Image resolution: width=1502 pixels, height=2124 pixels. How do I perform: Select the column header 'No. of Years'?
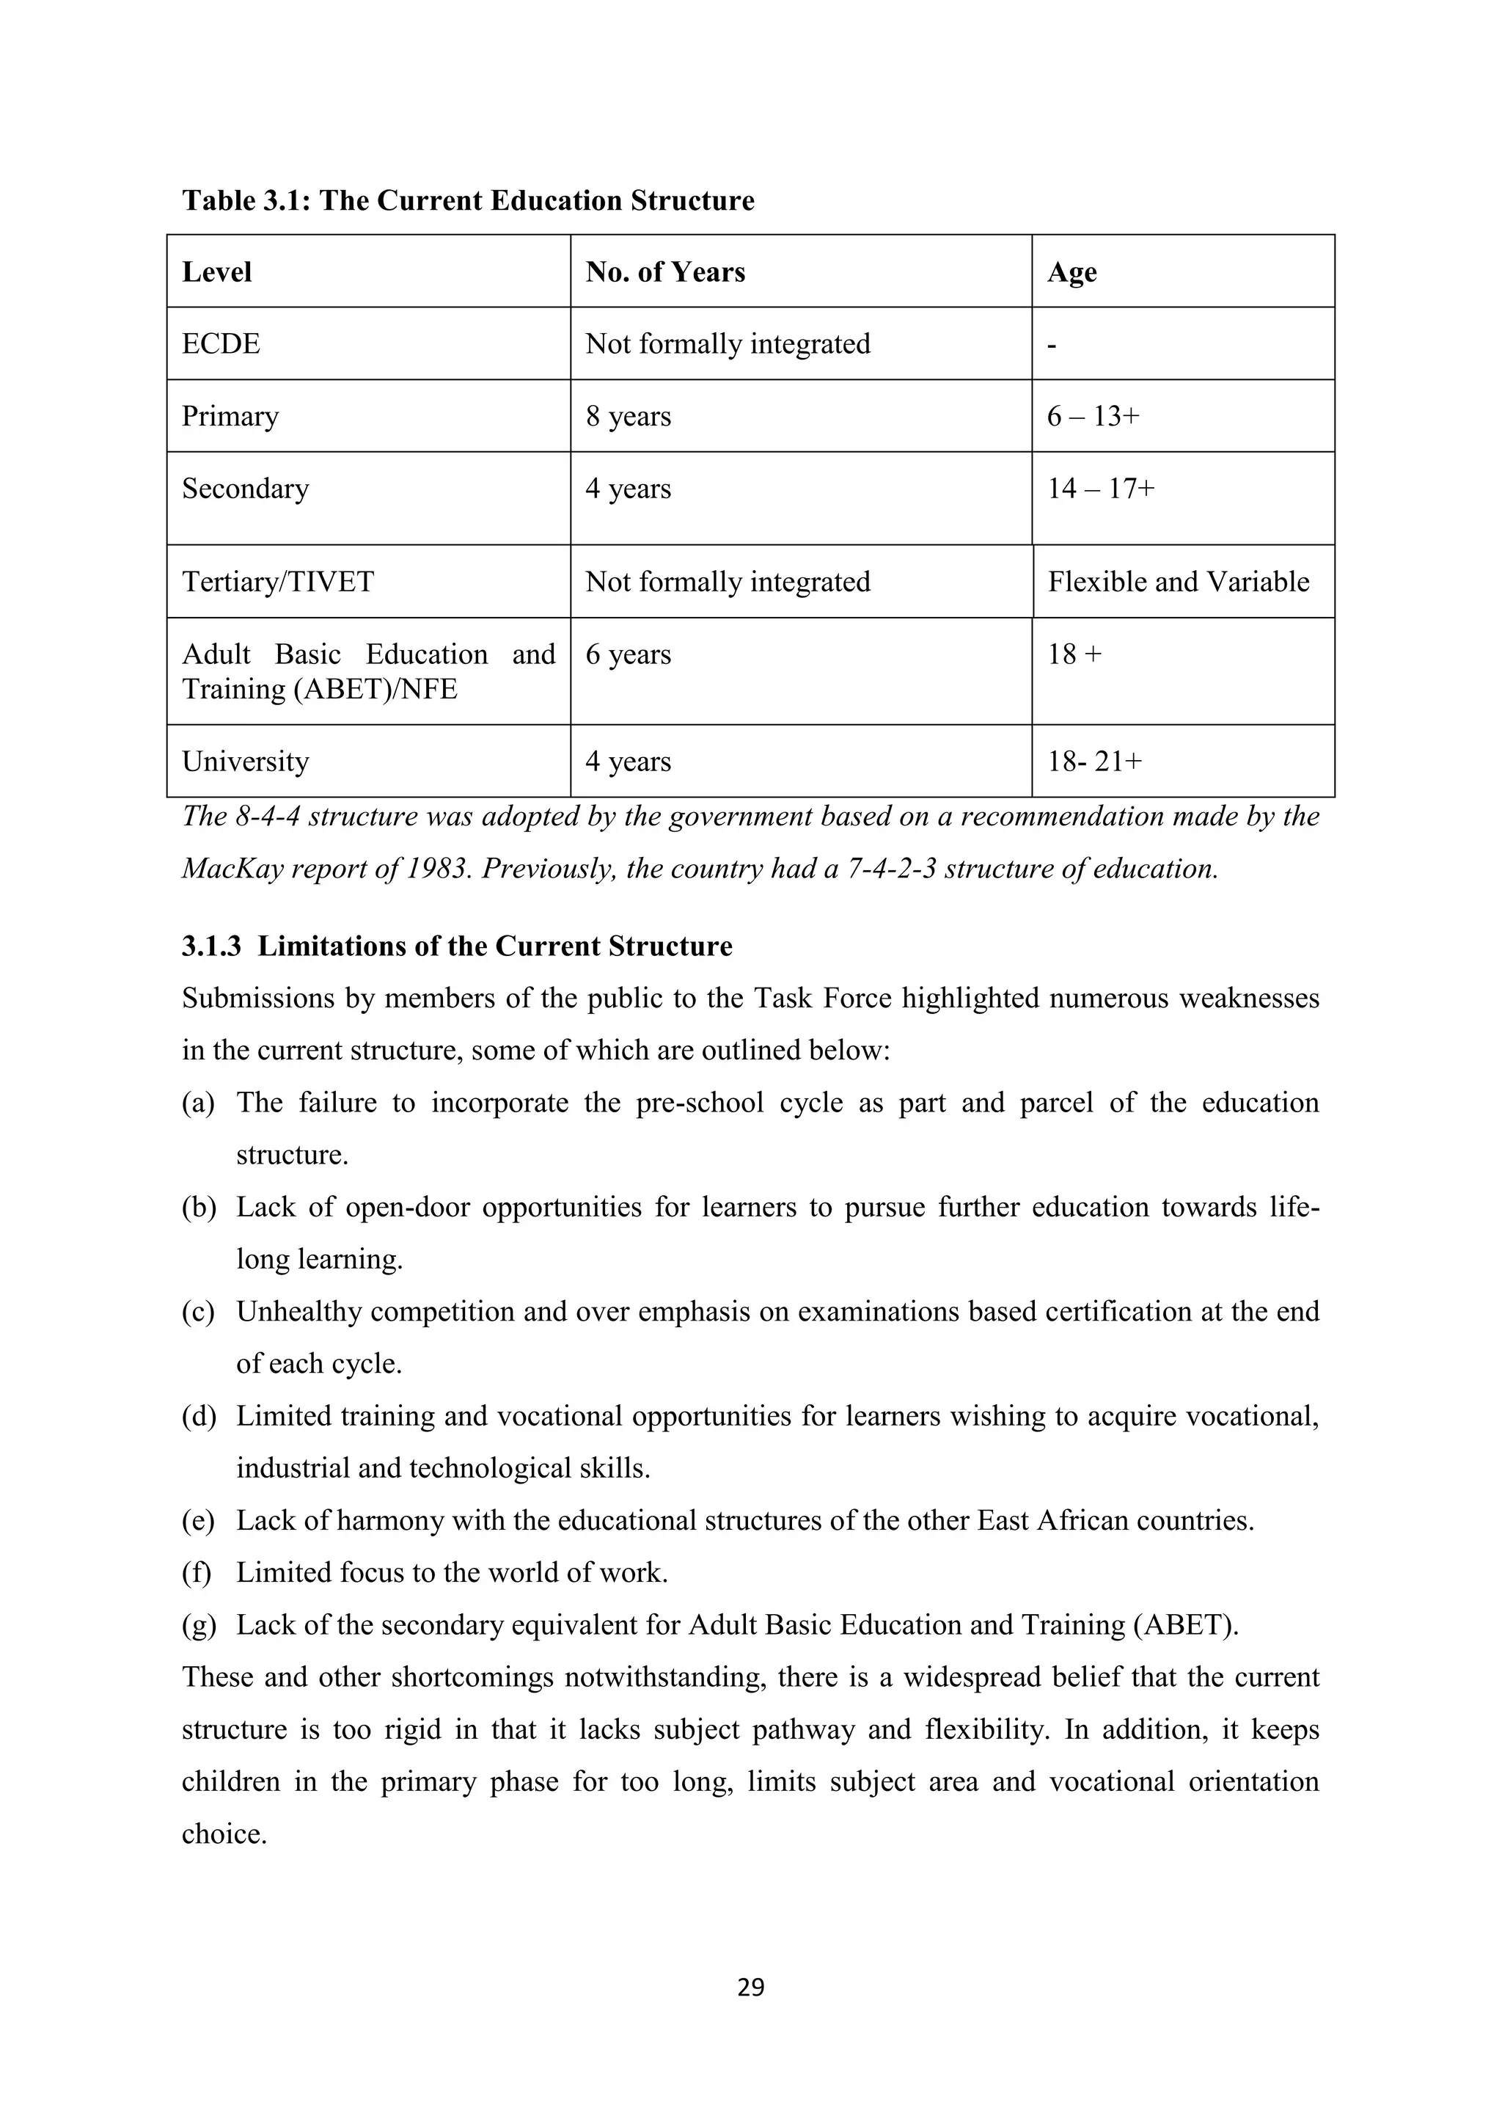(x=665, y=272)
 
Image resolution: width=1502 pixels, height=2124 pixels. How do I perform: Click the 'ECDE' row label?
(x=221, y=344)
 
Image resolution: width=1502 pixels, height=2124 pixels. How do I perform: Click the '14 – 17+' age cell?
(x=1101, y=489)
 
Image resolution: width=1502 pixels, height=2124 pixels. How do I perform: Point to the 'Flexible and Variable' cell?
(x=1179, y=582)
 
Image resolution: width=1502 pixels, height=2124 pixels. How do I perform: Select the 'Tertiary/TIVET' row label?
(x=277, y=582)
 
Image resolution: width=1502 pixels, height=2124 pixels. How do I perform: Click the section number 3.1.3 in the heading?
(x=211, y=946)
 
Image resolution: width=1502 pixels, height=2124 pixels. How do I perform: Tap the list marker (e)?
(x=198, y=1521)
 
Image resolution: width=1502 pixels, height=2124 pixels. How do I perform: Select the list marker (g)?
(x=198, y=1625)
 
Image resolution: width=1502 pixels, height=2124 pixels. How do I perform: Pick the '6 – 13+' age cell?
(x=1093, y=416)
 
